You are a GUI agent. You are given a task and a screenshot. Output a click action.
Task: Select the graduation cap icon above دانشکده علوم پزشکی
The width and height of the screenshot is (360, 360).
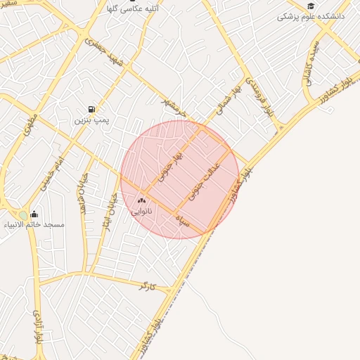point(310,6)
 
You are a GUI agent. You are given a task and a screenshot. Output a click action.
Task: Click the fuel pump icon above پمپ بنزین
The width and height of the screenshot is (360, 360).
point(91,109)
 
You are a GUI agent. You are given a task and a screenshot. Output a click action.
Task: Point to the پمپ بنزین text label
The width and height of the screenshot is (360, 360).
point(91,120)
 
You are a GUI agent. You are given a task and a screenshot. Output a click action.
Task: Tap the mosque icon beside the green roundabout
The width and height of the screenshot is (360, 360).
point(34,214)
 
